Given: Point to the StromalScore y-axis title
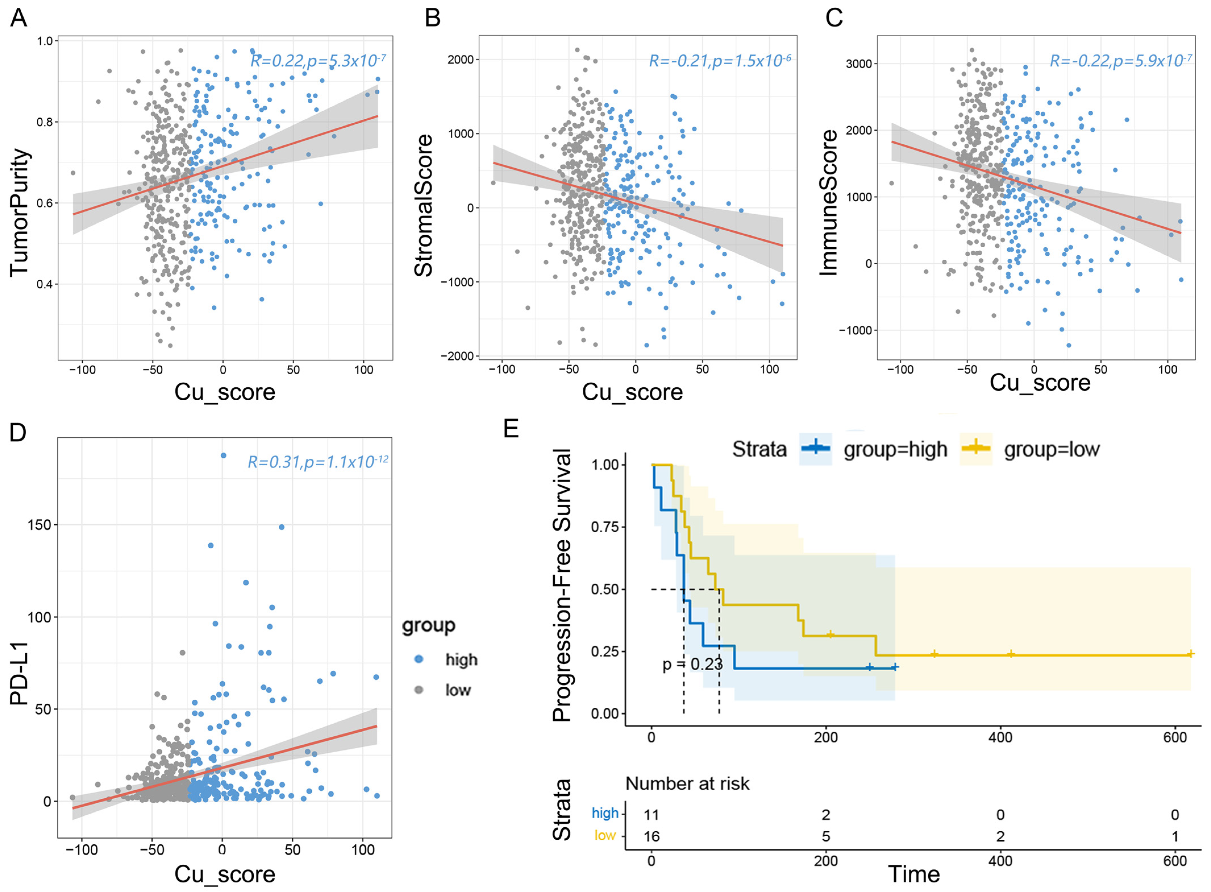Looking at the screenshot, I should pos(424,205).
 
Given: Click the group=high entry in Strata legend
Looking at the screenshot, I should pos(895,449).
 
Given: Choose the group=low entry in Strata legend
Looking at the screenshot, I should pos(1051,449).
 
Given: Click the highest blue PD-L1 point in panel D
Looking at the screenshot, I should pos(223,455).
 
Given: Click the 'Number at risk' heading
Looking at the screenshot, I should pos(687,784).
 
